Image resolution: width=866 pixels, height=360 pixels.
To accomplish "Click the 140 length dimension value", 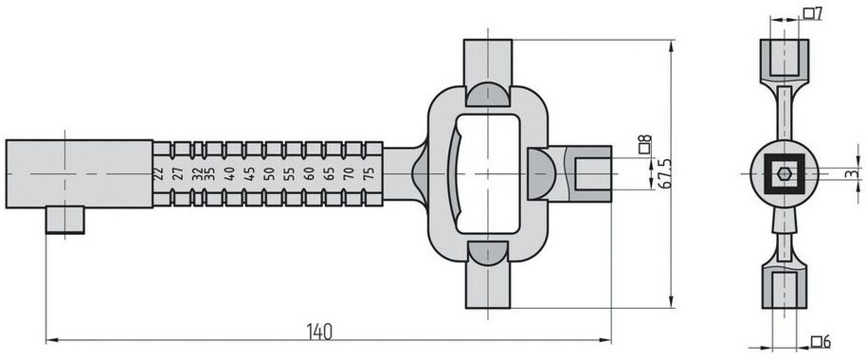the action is tap(320, 332).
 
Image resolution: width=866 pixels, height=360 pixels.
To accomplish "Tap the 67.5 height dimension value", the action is tap(665, 173).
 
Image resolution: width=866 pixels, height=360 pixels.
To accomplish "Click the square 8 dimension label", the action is tap(644, 144).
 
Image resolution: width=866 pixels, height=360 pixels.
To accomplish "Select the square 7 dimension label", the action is tap(813, 13).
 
